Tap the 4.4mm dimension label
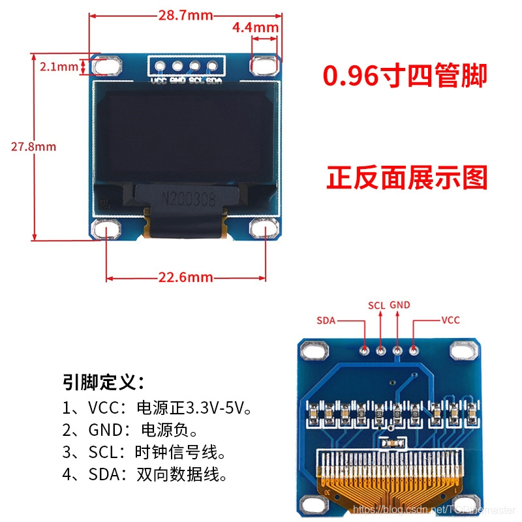point(255,27)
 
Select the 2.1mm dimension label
point(58,67)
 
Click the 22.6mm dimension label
point(186,277)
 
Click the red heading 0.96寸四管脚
point(405,76)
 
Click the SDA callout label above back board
point(326,320)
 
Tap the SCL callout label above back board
point(376,305)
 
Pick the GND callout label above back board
point(399,305)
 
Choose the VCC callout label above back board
point(450,320)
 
